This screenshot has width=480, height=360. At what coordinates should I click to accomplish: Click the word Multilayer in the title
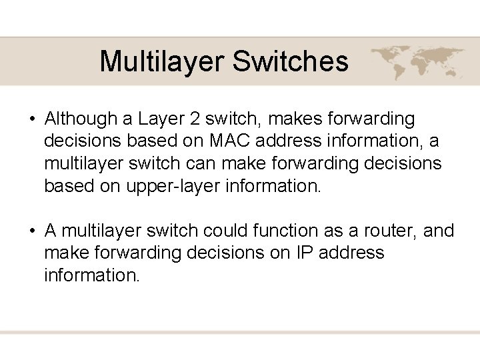point(161,62)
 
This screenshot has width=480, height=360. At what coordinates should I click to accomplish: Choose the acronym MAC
point(231,142)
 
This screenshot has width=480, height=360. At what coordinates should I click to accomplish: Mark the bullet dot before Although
point(31,120)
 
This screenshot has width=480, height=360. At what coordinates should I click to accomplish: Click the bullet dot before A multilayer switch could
point(31,231)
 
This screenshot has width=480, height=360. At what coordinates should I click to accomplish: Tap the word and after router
point(439,231)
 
